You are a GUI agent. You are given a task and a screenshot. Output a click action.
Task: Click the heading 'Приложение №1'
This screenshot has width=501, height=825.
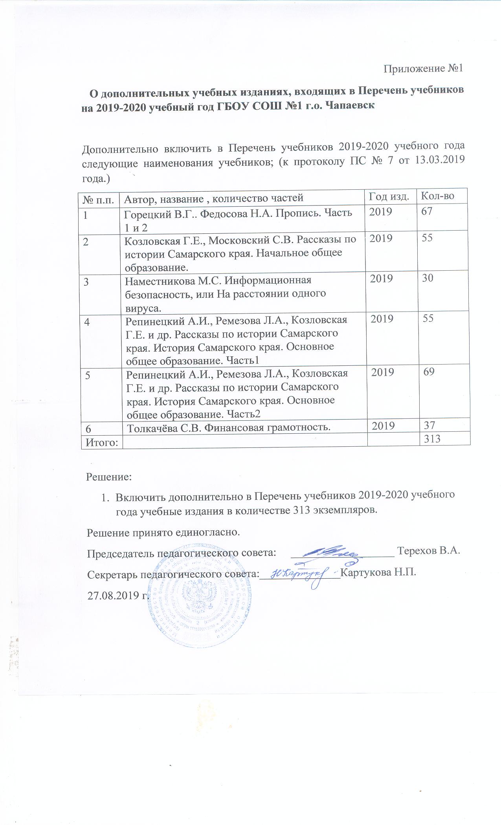pyautogui.click(x=423, y=68)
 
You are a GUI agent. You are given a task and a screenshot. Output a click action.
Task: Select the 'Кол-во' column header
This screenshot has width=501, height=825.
pyautogui.click(x=437, y=195)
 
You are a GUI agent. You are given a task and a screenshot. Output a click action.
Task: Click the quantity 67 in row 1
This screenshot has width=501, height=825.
pyautogui.click(x=427, y=211)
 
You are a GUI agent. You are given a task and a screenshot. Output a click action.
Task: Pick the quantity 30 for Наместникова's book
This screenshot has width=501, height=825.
pyautogui.click(x=428, y=278)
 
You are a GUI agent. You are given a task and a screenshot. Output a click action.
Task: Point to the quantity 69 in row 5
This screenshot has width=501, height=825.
pyautogui.click(x=429, y=372)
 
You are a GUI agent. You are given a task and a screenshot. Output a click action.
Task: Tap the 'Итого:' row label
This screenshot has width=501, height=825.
pyautogui.click(x=100, y=442)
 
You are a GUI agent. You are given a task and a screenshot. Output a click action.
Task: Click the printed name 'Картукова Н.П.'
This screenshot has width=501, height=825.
pyautogui.click(x=378, y=572)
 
